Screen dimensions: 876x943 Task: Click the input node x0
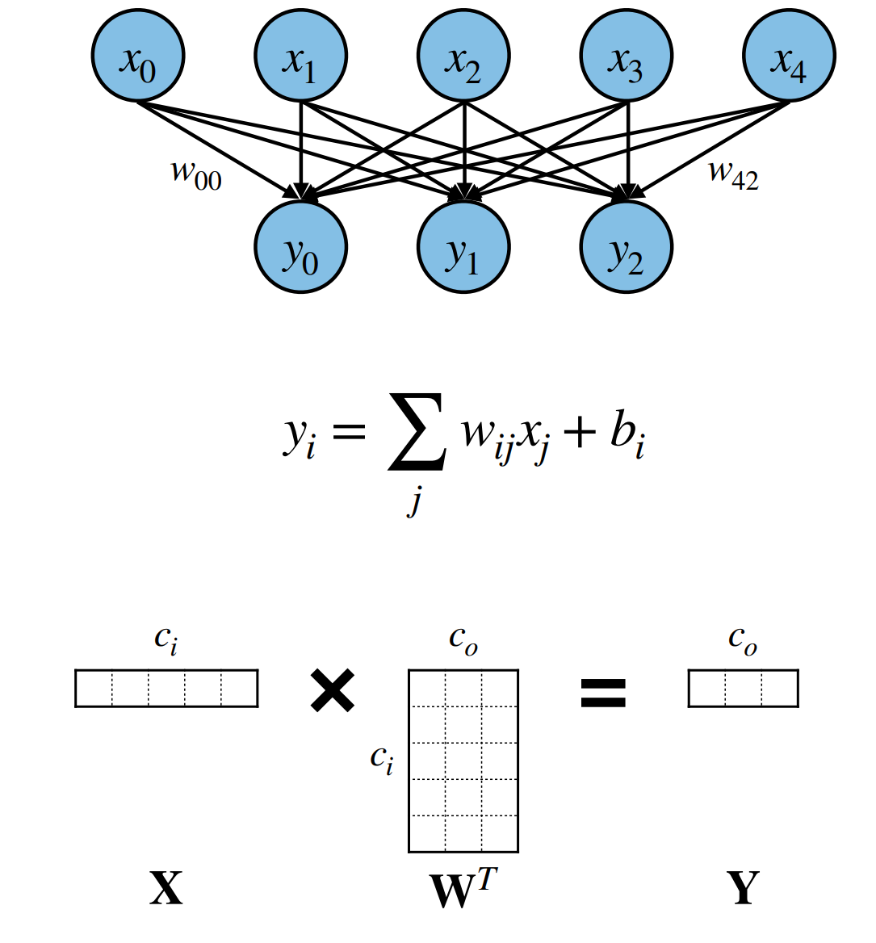point(138,56)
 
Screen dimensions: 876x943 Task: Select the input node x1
point(300,56)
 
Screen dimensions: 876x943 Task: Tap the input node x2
point(463,56)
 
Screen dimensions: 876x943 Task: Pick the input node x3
point(627,56)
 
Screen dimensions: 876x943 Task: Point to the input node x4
point(790,56)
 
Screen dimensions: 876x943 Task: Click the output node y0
point(300,246)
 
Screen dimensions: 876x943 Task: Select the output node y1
point(463,246)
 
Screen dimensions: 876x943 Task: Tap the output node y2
point(627,246)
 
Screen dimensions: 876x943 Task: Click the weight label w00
point(196,175)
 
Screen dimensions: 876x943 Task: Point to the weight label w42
point(734,175)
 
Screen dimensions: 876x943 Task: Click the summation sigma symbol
point(417,431)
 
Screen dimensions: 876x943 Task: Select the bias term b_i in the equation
point(627,435)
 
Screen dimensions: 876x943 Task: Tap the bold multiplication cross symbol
point(333,691)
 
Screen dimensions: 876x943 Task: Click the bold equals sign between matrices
point(603,692)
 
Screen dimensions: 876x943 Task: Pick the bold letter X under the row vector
point(166,887)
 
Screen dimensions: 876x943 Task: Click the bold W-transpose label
point(463,887)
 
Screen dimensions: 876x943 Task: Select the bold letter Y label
point(743,887)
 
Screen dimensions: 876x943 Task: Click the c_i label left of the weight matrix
point(382,760)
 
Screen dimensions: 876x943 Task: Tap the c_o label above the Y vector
point(743,640)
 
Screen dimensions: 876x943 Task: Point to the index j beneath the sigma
point(413,501)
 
